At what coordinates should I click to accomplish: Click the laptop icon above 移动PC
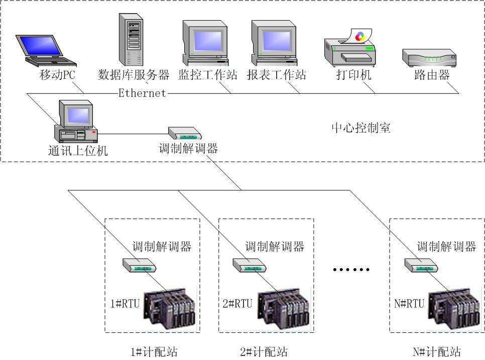[x=44, y=50]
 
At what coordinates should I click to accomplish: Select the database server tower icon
[x=130, y=38]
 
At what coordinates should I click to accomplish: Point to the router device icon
[x=429, y=58]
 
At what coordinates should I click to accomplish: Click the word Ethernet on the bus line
[x=142, y=93]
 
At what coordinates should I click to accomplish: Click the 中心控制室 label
[x=360, y=128]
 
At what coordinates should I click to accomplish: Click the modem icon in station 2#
[x=249, y=265]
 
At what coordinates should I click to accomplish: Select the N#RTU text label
[x=409, y=304]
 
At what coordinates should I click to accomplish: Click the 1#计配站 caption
[x=154, y=352]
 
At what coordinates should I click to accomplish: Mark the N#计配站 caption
[x=436, y=352]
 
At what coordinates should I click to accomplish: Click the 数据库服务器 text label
[x=134, y=76]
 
